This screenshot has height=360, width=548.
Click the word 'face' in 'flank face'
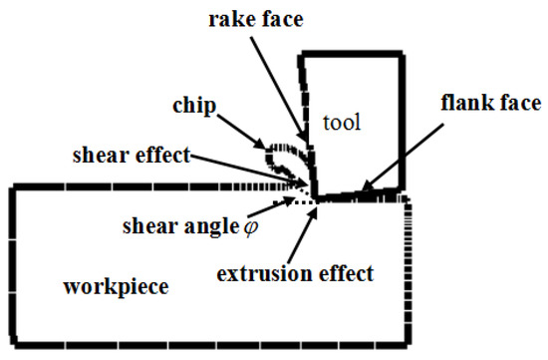coord(520,103)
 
